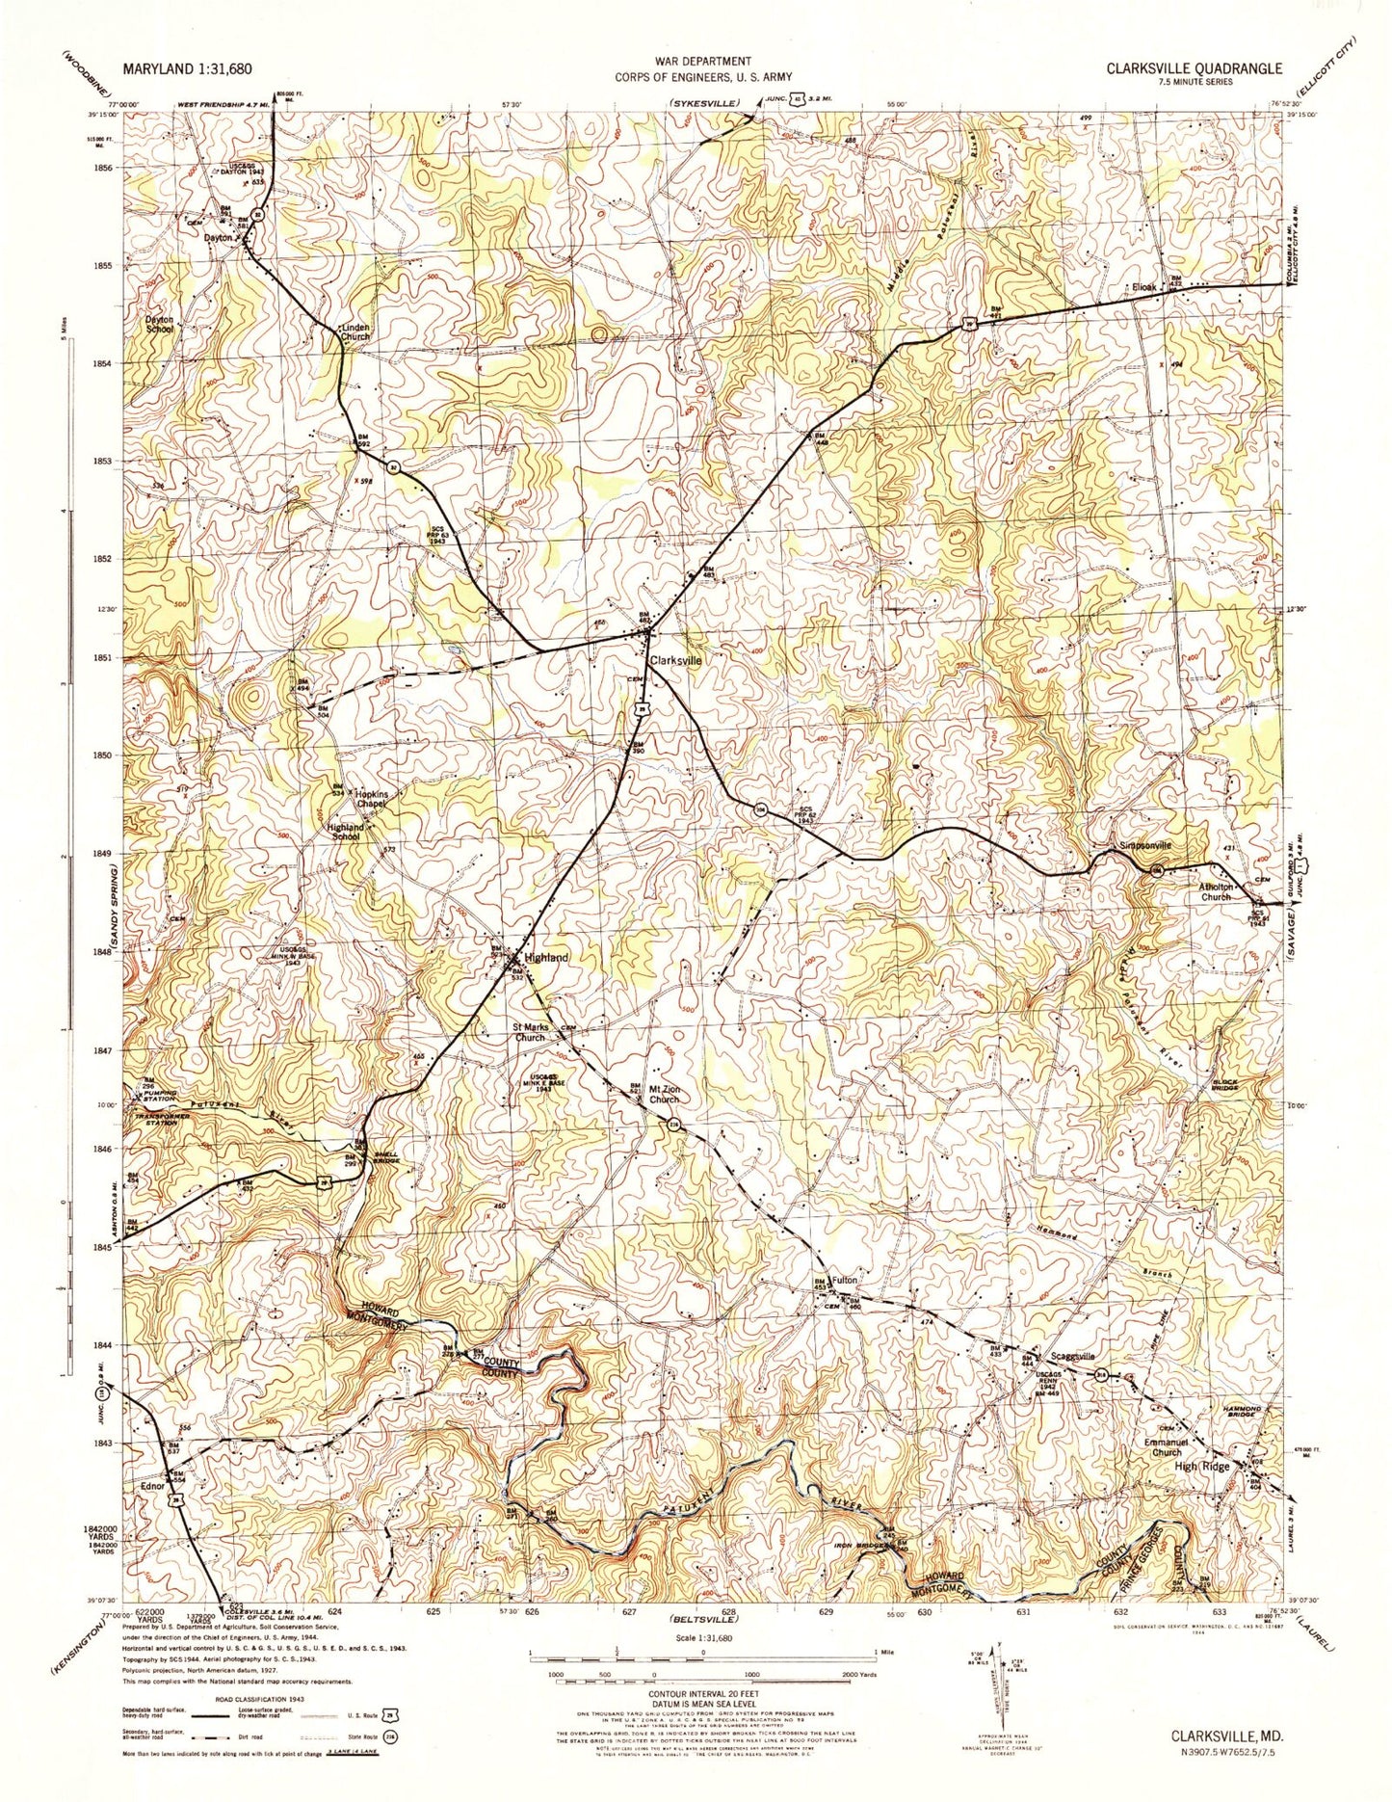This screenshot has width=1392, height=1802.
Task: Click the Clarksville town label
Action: click(x=675, y=662)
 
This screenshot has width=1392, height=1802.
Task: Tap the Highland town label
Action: click(x=546, y=957)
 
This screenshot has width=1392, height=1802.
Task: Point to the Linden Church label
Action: click(x=355, y=331)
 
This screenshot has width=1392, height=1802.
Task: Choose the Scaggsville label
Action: click(x=1070, y=1356)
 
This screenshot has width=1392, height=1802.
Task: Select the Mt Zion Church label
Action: click(x=663, y=1094)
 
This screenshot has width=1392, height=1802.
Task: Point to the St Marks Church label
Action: click(x=530, y=1033)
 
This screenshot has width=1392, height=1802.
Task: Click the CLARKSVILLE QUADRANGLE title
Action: click(x=1194, y=68)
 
